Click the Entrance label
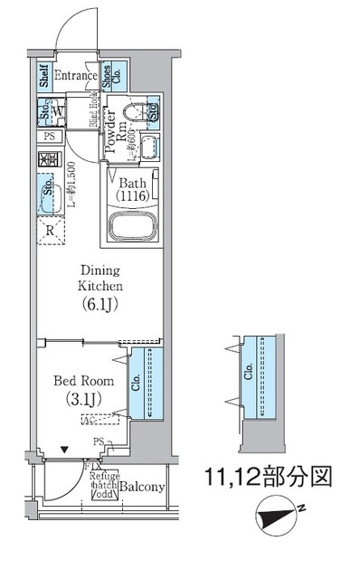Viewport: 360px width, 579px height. [x=75, y=76]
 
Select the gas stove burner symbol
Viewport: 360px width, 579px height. [x=47, y=159]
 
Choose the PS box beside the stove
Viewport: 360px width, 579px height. [x=47, y=137]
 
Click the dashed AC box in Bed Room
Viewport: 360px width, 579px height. [x=101, y=419]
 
